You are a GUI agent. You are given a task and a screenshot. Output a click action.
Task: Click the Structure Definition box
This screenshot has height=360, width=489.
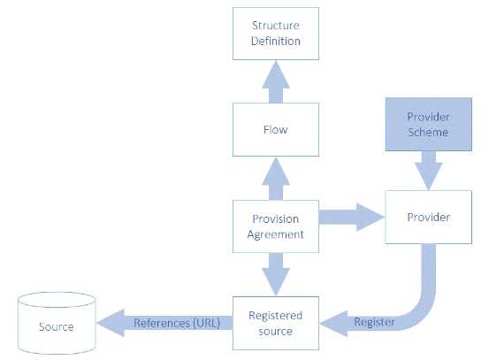(275, 33)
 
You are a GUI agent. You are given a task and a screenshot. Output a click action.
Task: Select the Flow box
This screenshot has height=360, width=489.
(275, 130)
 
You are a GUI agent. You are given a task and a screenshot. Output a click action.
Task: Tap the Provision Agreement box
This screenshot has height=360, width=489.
(275, 226)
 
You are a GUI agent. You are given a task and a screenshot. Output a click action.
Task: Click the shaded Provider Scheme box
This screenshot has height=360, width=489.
(427, 125)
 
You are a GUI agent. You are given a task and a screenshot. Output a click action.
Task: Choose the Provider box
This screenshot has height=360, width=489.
(427, 217)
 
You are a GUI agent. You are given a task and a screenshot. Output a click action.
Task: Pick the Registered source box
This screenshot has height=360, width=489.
(275, 323)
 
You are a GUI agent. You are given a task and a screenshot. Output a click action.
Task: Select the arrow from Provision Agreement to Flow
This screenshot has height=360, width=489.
(275, 179)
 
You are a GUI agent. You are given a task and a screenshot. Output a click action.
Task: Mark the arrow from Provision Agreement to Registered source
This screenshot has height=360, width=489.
(275, 273)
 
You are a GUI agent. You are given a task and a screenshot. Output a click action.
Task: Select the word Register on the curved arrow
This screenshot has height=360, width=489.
(374, 322)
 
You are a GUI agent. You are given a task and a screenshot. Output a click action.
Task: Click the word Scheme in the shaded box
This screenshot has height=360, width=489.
(427, 133)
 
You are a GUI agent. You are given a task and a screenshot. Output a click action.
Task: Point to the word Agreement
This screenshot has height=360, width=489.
(275, 234)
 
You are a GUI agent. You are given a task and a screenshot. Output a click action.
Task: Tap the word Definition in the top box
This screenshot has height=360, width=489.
(275, 41)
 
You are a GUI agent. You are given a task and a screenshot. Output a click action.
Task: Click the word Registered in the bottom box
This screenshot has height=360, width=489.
(275, 316)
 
